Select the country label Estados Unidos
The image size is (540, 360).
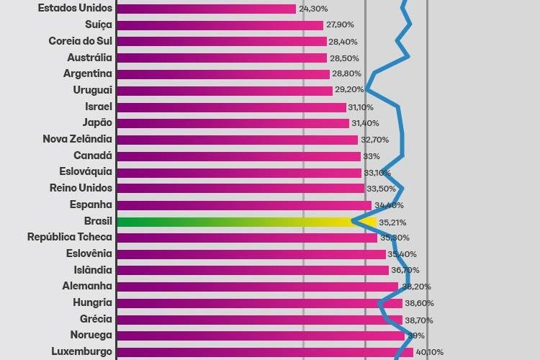point(75,9)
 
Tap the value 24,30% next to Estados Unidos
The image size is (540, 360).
point(314,9)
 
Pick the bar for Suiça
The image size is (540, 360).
point(220,25)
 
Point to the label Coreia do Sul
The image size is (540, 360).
point(80,41)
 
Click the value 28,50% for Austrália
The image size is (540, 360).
point(344,58)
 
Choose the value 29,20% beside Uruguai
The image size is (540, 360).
point(348,91)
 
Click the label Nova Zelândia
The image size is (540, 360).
point(77,139)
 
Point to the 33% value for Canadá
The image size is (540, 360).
point(372,156)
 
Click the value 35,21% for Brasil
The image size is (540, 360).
point(392,222)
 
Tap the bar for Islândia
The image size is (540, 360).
point(252,270)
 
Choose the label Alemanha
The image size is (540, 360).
point(86,286)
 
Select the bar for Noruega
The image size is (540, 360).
point(260,335)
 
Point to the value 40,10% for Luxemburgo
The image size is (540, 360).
point(429,352)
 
